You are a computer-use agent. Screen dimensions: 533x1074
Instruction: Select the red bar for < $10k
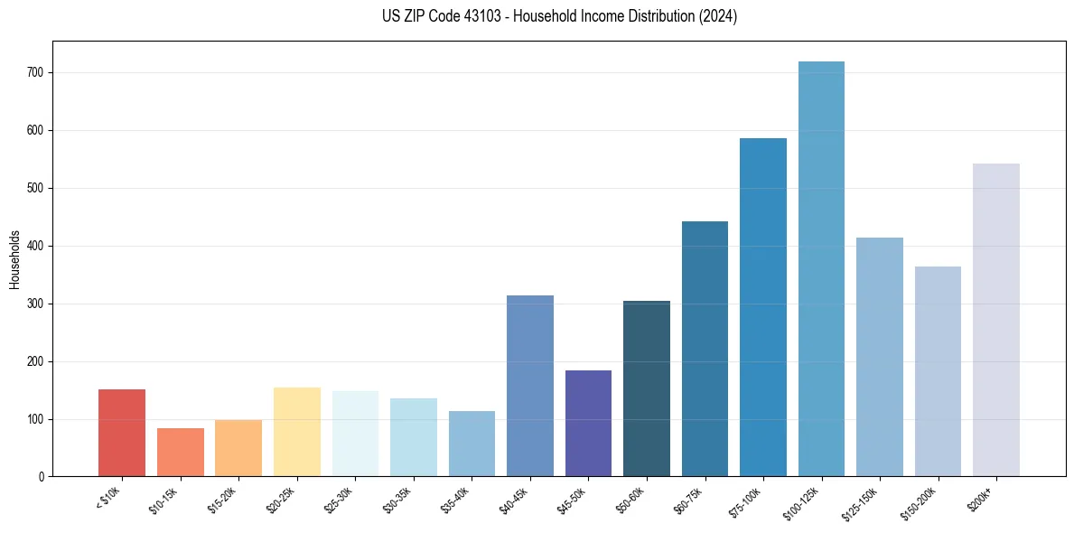pyautogui.click(x=122, y=433)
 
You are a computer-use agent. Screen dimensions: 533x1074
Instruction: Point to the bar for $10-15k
pyautogui.click(x=181, y=452)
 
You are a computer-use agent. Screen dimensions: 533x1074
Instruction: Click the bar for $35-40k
pyautogui.click(x=472, y=444)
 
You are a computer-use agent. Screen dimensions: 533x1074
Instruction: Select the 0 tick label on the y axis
pyautogui.click(x=42, y=477)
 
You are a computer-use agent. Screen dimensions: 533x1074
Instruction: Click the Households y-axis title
pyautogui.click(x=14, y=259)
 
